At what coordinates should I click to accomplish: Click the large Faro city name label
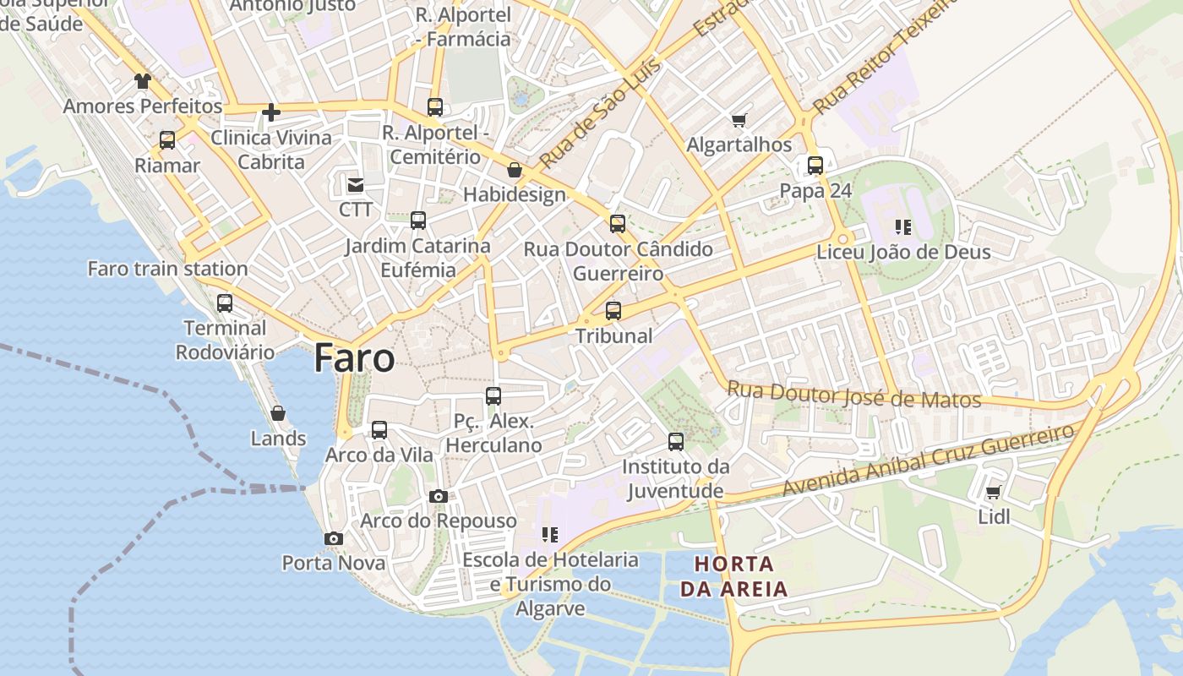click(354, 358)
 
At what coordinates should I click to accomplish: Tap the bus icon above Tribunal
click(613, 310)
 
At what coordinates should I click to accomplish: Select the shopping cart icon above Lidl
click(994, 492)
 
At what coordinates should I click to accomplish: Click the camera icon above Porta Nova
click(334, 538)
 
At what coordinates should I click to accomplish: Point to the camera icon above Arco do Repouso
click(438, 496)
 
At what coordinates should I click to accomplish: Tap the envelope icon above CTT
click(355, 184)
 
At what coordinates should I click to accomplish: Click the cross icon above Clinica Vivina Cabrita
click(271, 112)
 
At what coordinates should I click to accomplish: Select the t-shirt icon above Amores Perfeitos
click(143, 81)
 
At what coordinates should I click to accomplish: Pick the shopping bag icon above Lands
click(278, 413)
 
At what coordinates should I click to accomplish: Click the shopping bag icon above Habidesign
click(514, 171)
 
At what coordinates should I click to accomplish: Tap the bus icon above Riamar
click(167, 140)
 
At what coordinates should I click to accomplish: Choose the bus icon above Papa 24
click(815, 166)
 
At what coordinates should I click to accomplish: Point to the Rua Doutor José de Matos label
click(853, 395)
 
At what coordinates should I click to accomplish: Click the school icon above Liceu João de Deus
click(903, 227)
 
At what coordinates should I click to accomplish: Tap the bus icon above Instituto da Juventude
click(676, 441)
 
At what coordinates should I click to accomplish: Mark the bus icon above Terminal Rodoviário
click(225, 303)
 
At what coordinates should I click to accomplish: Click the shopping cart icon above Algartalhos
click(739, 120)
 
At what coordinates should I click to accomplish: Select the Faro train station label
click(167, 269)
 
